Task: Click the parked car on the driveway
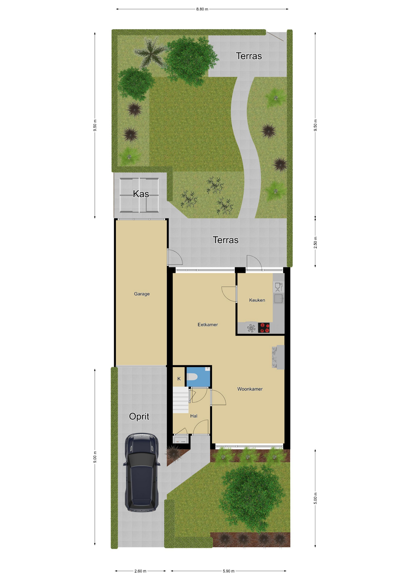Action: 141,472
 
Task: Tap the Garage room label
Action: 142,294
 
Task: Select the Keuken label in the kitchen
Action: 257,300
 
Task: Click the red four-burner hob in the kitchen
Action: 264,328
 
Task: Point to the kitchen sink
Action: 278,299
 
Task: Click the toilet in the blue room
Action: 192,377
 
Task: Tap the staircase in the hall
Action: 181,400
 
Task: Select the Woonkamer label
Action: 250,389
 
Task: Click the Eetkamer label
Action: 208,325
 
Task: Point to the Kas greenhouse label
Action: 141,194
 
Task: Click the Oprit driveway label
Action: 139,417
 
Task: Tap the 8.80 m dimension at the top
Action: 202,9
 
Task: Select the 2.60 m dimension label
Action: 140,571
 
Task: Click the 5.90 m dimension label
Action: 229,571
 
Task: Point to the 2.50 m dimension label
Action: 316,243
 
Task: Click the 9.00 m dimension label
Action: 95,457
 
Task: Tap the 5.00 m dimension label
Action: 316,498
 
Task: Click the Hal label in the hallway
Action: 194,416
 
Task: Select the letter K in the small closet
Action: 179,379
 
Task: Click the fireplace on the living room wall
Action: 278,357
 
